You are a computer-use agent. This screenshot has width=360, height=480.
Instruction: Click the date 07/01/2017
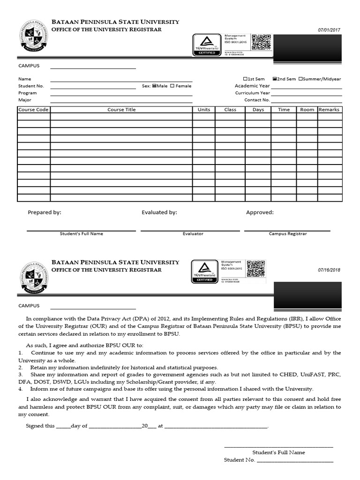329,30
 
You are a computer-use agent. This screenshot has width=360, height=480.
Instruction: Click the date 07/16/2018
329,270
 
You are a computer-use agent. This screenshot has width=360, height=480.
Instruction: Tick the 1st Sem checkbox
245,79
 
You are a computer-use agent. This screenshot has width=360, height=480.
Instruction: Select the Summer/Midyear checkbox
300,79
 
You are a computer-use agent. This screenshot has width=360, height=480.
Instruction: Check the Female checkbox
172,86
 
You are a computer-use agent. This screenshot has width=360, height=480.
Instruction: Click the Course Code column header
33,110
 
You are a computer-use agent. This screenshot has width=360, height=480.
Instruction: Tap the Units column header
204,110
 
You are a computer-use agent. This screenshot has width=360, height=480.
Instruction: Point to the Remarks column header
329,110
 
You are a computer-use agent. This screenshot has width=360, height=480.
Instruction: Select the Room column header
307,110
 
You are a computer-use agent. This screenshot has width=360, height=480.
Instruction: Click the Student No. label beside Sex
31,86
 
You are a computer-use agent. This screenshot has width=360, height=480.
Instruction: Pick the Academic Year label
252,86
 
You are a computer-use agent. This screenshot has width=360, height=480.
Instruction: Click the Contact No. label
257,100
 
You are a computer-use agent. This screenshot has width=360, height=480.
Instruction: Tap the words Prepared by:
45,212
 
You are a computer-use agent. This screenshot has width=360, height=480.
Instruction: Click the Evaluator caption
193,233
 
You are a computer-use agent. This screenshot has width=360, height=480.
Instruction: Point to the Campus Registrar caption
288,233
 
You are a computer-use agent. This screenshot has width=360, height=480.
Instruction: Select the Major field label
24,100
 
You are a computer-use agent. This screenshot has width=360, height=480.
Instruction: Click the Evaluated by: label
159,212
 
